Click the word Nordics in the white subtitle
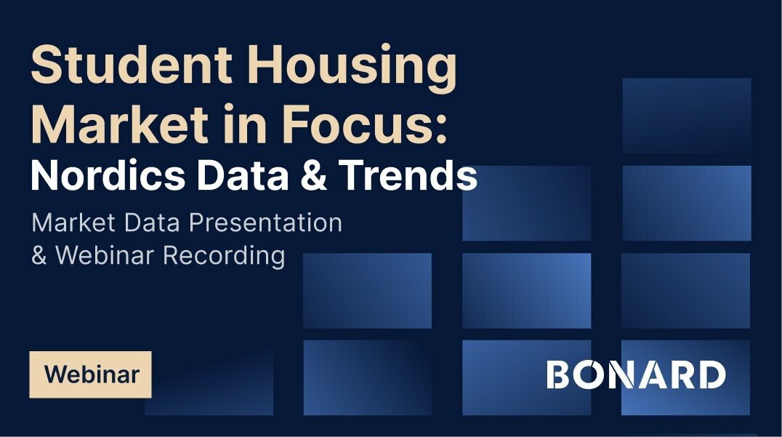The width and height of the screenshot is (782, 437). pos(108,175)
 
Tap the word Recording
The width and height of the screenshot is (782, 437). pos(224,256)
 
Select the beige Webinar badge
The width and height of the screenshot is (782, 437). pos(90,374)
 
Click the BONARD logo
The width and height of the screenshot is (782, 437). pos(636,374)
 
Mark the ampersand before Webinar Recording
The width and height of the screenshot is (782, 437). pos(39,255)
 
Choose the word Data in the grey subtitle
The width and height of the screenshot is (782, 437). pos(152,222)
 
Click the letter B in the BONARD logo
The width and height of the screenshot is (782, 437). pos(558,374)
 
